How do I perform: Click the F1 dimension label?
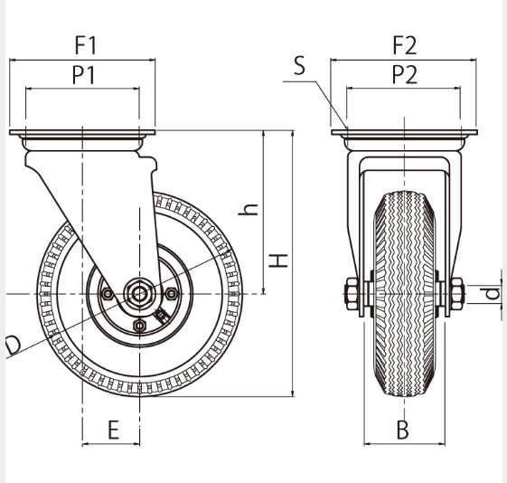click(x=86, y=45)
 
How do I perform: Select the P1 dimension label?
click(x=84, y=75)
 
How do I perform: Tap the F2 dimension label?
click(x=405, y=45)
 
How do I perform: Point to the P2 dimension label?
click(x=405, y=74)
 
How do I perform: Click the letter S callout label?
click(x=300, y=65)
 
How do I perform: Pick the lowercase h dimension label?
click(x=248, y=210)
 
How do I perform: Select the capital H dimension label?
click(x=278, y=260)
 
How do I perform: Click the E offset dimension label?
click(x=113, y=430)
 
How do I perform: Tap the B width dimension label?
click(x=402, y=430)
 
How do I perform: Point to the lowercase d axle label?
click(x=493, y=294)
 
